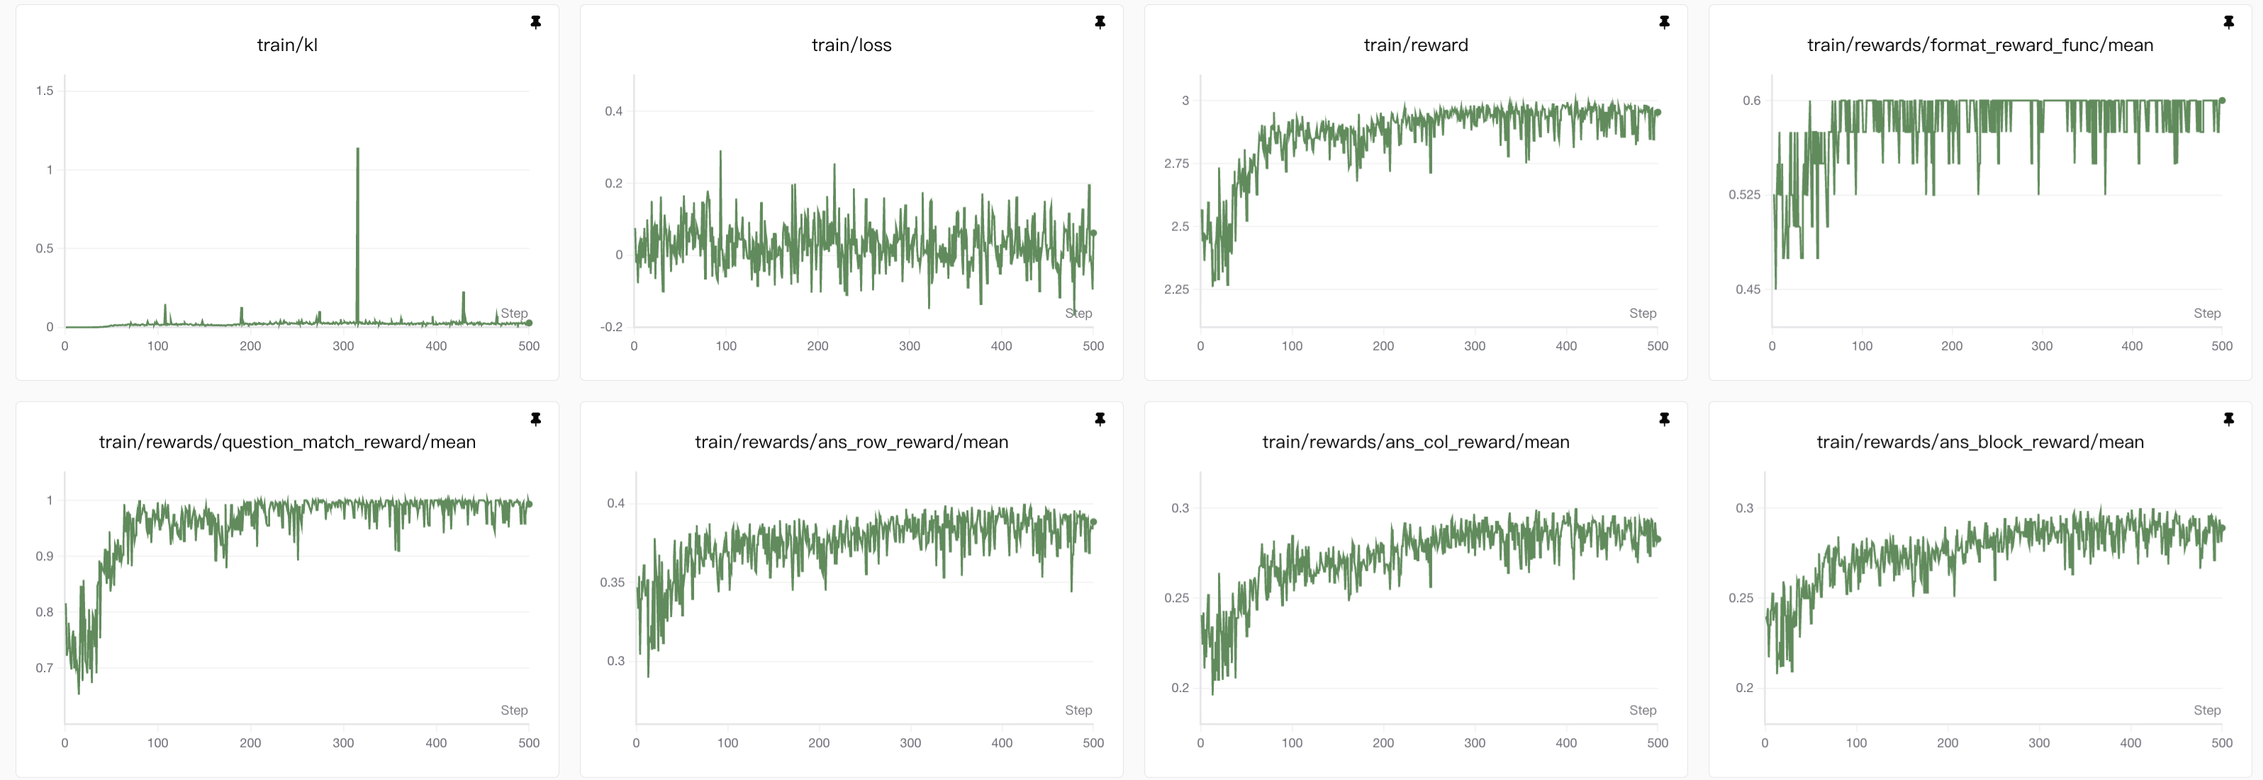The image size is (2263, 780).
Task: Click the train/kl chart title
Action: click(287, 45)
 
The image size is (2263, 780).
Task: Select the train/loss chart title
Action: click(851, 45)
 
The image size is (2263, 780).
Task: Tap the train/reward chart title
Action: click(1415, 45)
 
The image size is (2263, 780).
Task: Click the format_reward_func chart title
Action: click(1979, 45)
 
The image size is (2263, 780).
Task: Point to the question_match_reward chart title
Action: click(287, 442)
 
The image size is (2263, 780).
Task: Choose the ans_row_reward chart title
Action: click(851, 442)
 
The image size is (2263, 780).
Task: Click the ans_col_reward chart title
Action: click(1415, 442)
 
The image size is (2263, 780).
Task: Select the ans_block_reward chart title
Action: click(1979, 442)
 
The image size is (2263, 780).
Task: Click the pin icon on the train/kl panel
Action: click(536, 22)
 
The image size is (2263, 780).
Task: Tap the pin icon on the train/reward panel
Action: click(1664, 22)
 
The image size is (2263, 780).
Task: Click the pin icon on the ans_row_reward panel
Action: click(1100, 419)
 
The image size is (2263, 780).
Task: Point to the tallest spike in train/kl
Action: click(357, 150)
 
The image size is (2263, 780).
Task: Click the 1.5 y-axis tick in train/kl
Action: click(45, 91)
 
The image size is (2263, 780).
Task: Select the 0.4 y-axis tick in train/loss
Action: click(613, 111)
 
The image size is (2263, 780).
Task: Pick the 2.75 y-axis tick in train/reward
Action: click(1176, 163)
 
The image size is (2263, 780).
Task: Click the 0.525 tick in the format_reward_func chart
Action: click(1744, 195)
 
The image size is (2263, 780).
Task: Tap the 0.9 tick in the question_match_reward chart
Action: click(45, 556)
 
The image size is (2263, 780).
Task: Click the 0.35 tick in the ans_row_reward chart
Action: click(613, 582)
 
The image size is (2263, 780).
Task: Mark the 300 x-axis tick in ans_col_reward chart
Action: click(1474, 743)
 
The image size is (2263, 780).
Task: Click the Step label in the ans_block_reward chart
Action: click(2207, 710)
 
